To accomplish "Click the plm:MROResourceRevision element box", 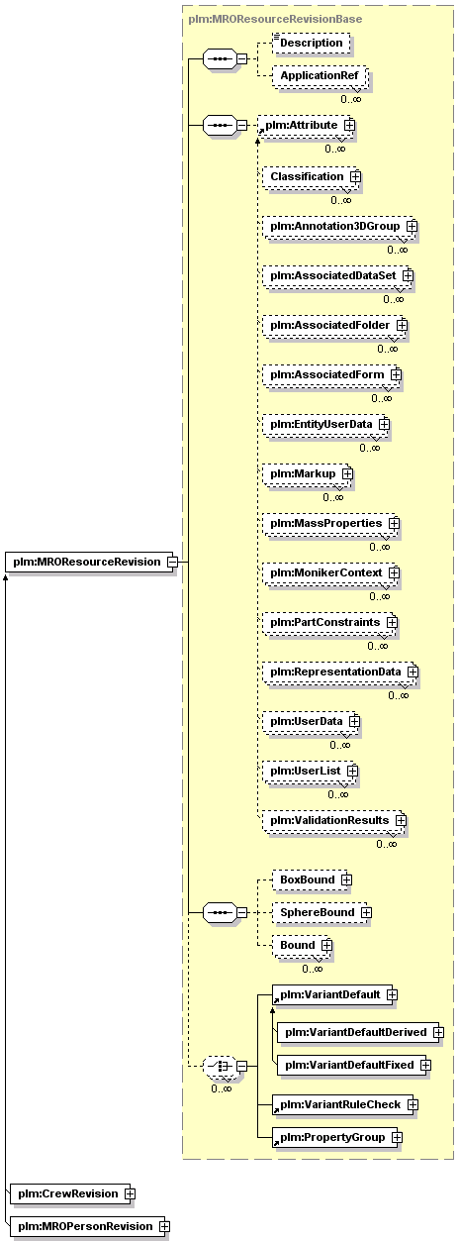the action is pos(91,562).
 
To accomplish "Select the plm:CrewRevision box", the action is pos(70,1193).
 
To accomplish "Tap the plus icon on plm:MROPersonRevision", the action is pos(164,1226).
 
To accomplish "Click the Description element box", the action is pos(312,43).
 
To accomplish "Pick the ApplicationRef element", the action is pos(320,76).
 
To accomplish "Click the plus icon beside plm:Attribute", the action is pos(349,126).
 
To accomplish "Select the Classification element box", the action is pos(311,177).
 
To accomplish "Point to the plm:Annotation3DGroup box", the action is pos(339,226).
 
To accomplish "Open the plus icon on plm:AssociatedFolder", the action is pos(402,326).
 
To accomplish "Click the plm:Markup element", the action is pos(307,474).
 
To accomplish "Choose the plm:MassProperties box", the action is pos(330,523).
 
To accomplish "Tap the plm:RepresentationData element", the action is pos(339,673).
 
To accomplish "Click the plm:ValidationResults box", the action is pos(333,821).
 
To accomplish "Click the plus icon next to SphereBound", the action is pos(366,912).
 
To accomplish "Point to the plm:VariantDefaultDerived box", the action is pos(359,1032).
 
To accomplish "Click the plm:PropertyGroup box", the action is pos(336,1138).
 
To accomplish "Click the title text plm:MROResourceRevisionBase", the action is pos(275,19).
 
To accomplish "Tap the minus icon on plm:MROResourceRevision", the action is pos(172,562).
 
